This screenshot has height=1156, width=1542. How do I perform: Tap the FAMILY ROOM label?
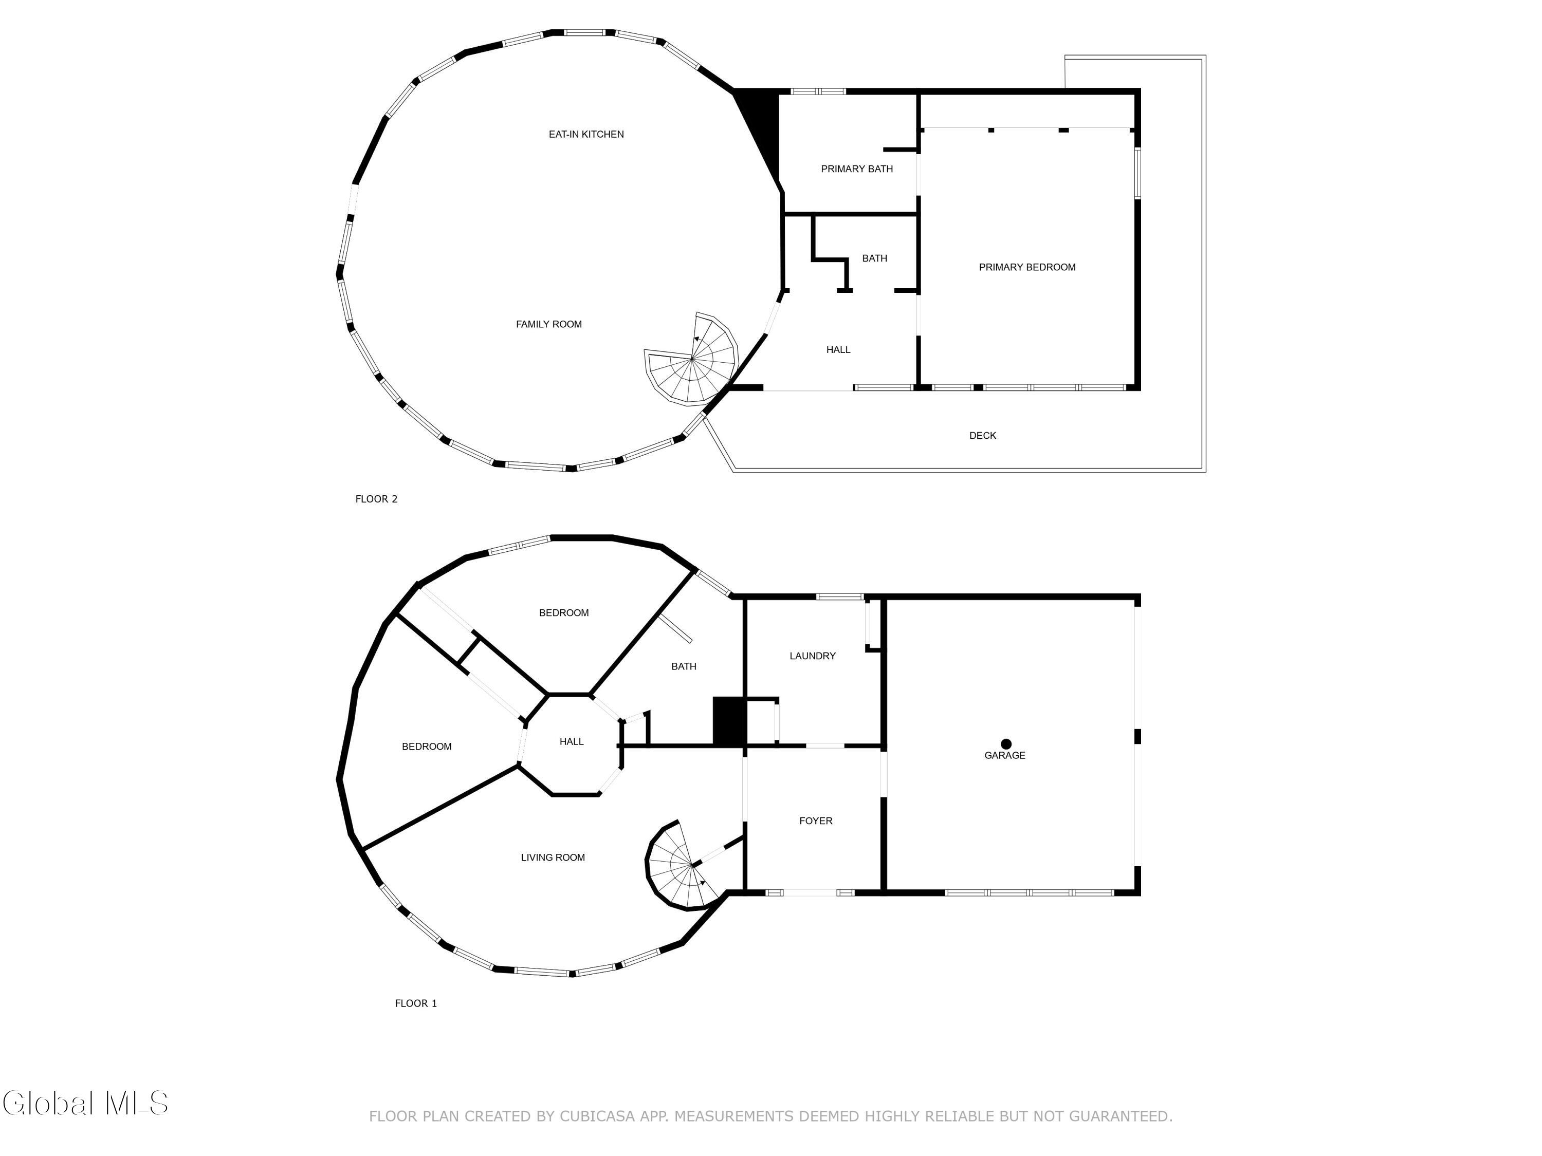pos(548,324)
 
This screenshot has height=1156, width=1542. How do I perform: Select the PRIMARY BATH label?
pos(857,169)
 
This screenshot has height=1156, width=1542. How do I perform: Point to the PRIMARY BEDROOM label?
pos(1027,267)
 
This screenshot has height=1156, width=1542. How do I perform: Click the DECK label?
pos(983,436)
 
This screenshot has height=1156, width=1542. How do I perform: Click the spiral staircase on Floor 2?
pos(690,358)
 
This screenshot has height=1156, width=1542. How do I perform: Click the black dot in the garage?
pos(1006,744)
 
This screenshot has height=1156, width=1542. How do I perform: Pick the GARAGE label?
pos(1004,755)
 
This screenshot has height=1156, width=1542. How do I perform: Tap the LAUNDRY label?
pos(812,656)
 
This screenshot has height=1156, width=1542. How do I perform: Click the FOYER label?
pos(816,821)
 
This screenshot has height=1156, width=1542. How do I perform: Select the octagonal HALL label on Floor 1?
pos(572,741)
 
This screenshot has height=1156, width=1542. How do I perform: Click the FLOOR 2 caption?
pos(376,499)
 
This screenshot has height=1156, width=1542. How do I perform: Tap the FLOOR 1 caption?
pos(416,1003)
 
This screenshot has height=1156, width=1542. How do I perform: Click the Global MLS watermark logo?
pos(85,1103)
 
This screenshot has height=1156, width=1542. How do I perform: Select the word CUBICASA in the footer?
pos(597,1116)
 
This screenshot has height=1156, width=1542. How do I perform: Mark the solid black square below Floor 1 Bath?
pos(730,722)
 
